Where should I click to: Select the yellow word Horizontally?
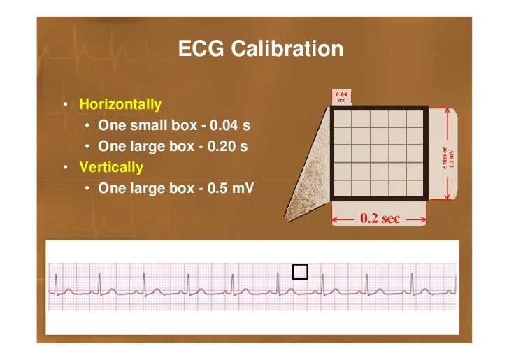point(120,105)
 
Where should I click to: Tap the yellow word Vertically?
point(111,168)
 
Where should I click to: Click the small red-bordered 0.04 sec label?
point(342,96)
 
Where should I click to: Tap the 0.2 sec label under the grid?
point(380,218)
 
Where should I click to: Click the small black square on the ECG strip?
point(300,272)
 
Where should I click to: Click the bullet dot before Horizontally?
point(64,106)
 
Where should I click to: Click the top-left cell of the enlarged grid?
point(341,118)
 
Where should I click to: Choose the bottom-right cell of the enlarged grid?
point(415,188)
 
